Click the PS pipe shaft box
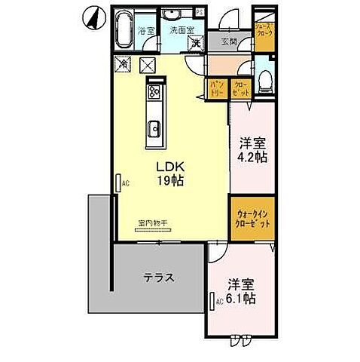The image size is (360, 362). [199, 13]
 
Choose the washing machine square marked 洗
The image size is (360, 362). [195, 42]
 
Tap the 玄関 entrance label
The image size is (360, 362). [228, 42]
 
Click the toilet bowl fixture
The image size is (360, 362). [264, 81]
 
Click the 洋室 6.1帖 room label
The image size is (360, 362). [243, 292]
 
